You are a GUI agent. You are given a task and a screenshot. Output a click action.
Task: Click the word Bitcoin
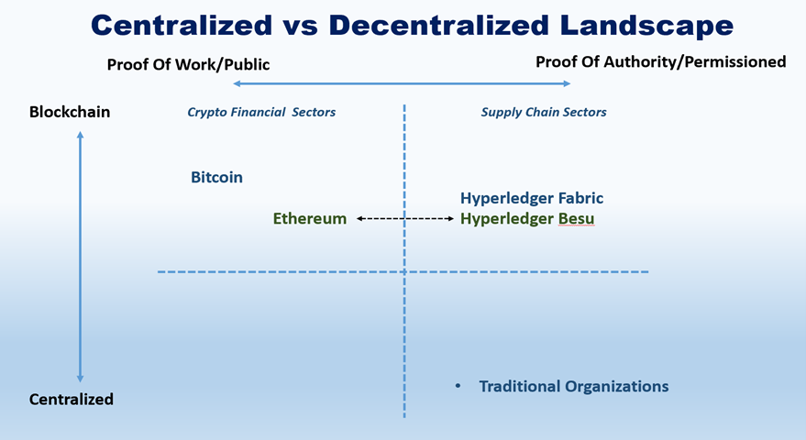click(216, 177)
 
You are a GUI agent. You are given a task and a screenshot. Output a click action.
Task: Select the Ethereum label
click(309, 218)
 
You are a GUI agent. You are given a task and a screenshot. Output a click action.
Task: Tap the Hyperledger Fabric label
click(532, 198)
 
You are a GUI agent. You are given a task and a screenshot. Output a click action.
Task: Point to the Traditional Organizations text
click(574, 386)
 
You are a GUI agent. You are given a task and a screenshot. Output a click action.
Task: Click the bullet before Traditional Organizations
click(458, 386)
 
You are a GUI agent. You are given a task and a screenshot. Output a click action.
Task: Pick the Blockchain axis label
click(70, 112)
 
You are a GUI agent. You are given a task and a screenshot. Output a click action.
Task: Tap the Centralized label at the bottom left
click(71, 400)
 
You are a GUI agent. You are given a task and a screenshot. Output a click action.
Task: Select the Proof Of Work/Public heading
click(188, 65)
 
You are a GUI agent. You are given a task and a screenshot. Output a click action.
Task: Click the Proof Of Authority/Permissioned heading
click(660, 61)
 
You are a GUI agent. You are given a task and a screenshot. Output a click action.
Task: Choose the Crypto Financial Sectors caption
click(261, 112)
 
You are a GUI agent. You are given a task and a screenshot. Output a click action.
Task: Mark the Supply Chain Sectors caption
click(544, 112)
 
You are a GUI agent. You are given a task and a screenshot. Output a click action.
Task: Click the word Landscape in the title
click(647, 25)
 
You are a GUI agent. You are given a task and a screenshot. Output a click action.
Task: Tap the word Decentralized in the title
click(439, 25)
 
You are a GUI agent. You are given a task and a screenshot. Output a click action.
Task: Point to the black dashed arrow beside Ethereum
click(405, 218)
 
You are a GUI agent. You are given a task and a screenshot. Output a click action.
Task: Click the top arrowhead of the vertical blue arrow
click(80, 135)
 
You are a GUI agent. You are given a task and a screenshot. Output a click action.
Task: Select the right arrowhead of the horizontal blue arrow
click(567, 83)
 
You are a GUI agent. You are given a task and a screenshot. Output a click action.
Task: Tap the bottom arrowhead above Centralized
click(80, 379)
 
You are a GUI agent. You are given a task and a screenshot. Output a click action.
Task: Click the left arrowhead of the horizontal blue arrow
click(237, 83)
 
